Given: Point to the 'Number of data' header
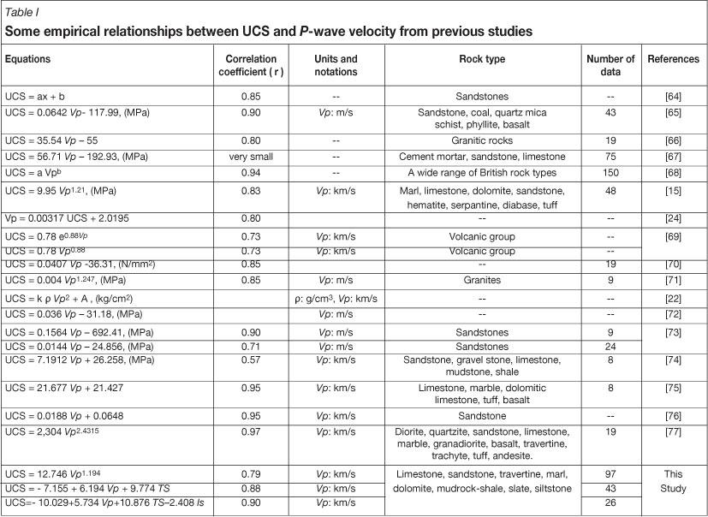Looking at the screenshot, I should pyautogui.click(x=610, y=66).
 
